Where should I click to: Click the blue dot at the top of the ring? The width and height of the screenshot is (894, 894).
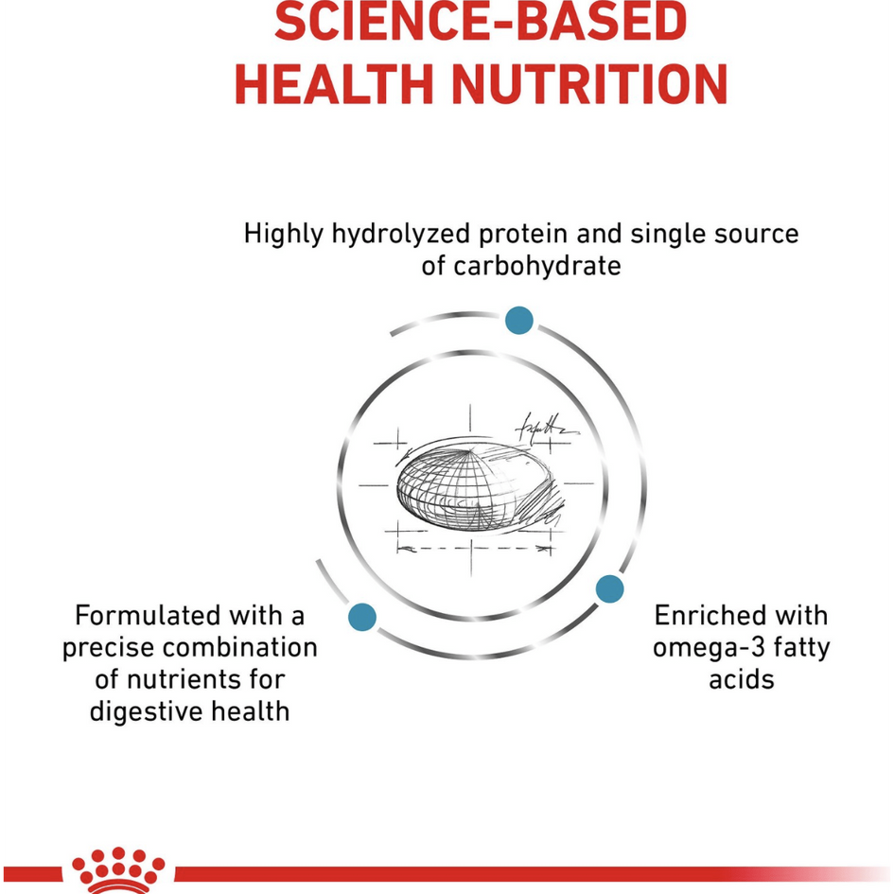[518, 321]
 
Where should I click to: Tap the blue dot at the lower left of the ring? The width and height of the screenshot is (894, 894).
[362, 617]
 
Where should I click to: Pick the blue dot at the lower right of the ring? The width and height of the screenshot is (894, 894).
[610, 589]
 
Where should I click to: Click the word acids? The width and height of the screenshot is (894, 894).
[742, 679]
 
